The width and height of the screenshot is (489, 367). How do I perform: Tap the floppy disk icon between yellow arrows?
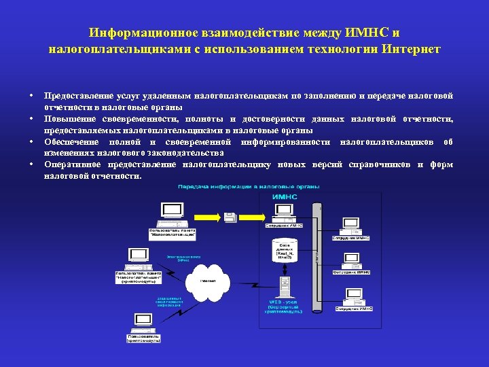click(x=231, y=217)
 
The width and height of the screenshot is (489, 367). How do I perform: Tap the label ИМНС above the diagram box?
click(x=286, y=197)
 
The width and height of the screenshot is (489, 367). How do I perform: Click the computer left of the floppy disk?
click(x=171, y=214)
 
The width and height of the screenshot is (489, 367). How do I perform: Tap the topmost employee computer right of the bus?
click(x=351, y=224)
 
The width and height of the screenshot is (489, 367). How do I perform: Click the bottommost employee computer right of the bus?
click(x=353, y=297)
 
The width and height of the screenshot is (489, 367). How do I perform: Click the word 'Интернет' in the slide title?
click(x=411, y=49)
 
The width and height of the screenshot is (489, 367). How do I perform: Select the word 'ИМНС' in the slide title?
click(x=367, y=33)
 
